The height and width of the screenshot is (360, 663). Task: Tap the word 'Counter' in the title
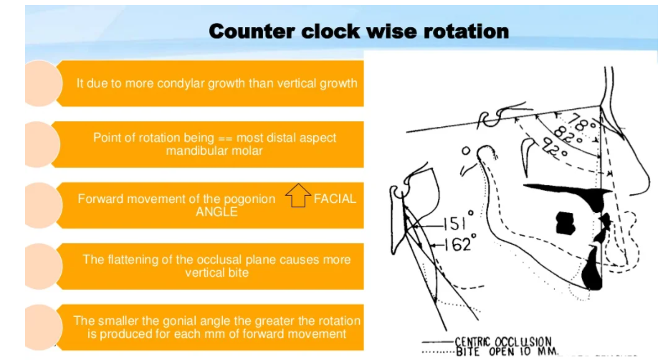pos(252,32)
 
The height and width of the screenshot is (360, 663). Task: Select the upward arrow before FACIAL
pos(298,195)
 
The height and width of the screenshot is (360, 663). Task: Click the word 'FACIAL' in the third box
pos(335,199)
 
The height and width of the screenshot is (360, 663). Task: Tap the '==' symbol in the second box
pos(225,138)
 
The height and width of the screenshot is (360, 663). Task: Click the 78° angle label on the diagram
pos(583,125)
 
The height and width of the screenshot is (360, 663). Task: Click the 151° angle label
pos(458,222)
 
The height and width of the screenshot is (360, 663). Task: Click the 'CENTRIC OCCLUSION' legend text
pos(503,341)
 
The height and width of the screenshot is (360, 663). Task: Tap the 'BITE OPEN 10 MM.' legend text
pos(507,351)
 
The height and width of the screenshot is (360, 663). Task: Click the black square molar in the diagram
pos(566,223)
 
